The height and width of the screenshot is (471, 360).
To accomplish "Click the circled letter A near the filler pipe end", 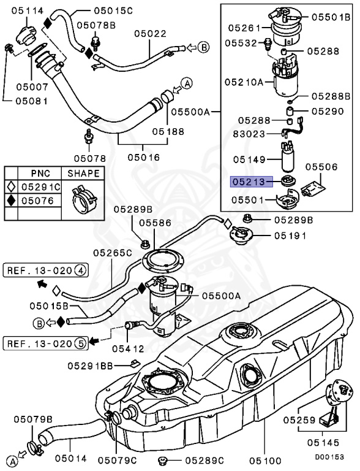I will coord(187,83).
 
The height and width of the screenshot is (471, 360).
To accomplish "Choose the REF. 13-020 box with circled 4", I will coord(46,269).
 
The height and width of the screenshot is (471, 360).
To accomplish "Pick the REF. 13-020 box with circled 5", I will coord(46,342).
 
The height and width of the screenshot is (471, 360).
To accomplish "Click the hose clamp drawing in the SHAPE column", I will coord(83,196).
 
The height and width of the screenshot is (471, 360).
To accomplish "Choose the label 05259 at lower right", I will coord(299,420).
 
